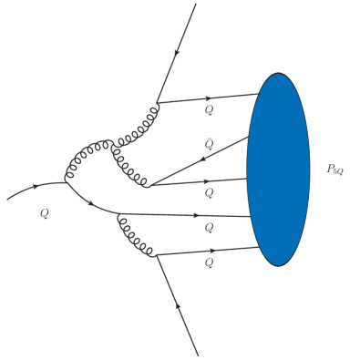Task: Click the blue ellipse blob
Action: click(x=279, y=170)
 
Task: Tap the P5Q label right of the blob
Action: click(x=334, y=169)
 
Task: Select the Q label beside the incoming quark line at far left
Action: click(x=44, y=213)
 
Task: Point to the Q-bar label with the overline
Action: click(x=210, y=145)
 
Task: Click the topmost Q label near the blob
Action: click(x=210, y=110)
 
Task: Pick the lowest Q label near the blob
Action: click(x=209, y=262)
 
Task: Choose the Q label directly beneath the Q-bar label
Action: click(x=209, y=193)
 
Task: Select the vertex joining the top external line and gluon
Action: click(x=157, y=103)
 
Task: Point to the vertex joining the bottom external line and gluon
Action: click(x=157, y=256)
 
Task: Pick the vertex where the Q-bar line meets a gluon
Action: click(x=149, y=186)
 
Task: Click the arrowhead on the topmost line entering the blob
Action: click(x=211, y=98)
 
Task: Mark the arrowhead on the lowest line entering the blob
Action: click(x=212, y=250)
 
